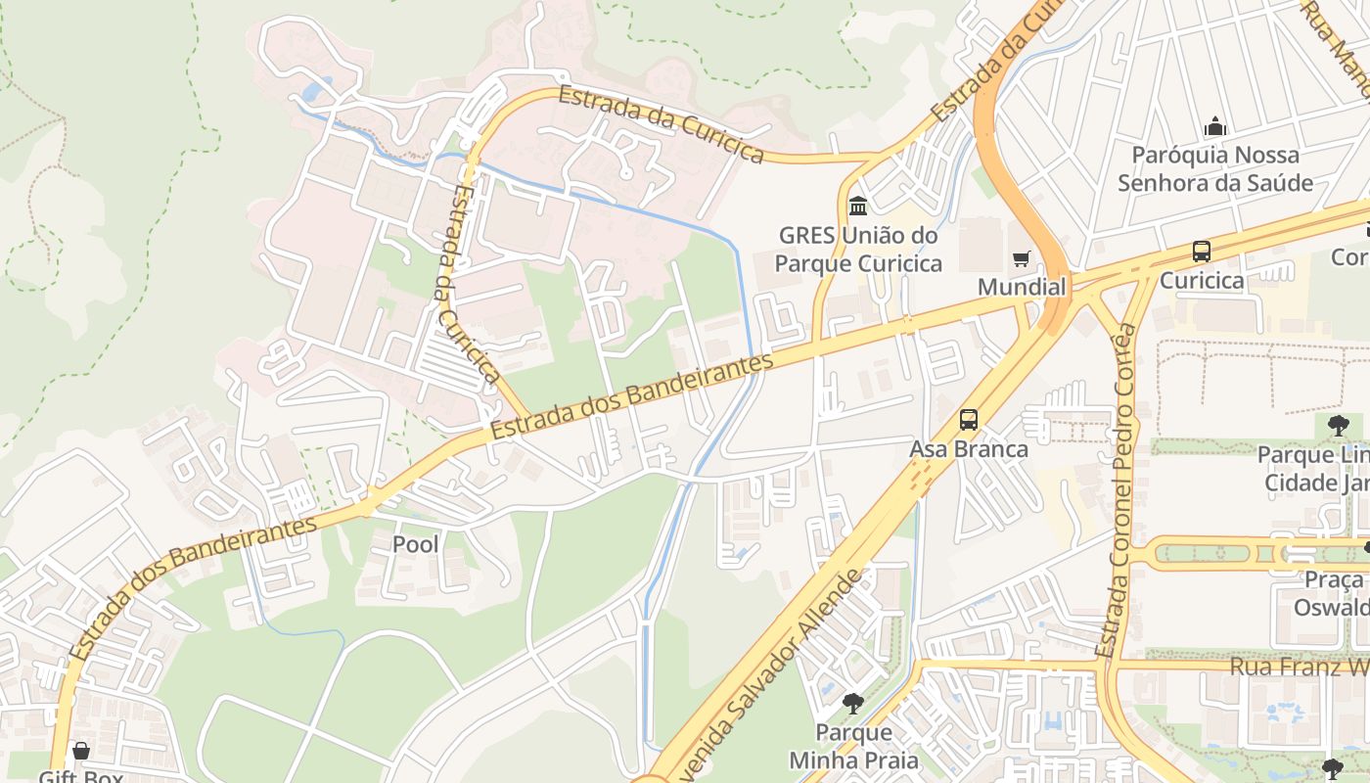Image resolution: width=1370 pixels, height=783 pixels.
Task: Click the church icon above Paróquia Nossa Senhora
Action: tap(1215, 126)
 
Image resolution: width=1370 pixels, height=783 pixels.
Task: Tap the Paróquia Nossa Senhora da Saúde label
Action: tap(1215, 169)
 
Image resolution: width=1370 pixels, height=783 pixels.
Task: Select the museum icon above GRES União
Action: tap(858, 206)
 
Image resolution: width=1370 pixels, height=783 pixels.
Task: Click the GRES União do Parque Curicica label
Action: tap(858, 250)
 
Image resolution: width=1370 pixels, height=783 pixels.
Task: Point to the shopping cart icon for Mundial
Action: tap(1022, 258)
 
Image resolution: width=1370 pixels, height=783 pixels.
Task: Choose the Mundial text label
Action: tap(1022, 288)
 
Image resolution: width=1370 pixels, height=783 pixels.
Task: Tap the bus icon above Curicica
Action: tap(1201, 252)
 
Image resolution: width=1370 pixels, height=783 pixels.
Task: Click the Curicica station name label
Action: tap(1201, 281)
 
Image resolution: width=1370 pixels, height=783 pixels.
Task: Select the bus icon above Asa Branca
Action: tap(969, 420)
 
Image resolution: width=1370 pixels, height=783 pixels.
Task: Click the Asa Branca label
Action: tap(969, 449)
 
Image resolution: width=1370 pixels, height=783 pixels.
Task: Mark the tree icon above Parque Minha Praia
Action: tap(853, 703)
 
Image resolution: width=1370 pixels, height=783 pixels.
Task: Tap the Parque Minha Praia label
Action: tap(853, 746)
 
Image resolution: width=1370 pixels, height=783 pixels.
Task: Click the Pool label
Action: tap(415, 544)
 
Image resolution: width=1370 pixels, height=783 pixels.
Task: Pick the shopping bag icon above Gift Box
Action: tap(81, 751)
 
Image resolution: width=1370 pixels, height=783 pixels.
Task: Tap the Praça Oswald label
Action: tap(1331, 594)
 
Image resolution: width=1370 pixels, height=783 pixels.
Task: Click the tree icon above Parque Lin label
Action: tap(1338, 426)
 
